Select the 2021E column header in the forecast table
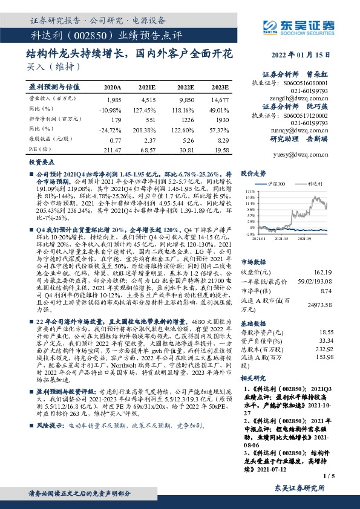tap(148, 87)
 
